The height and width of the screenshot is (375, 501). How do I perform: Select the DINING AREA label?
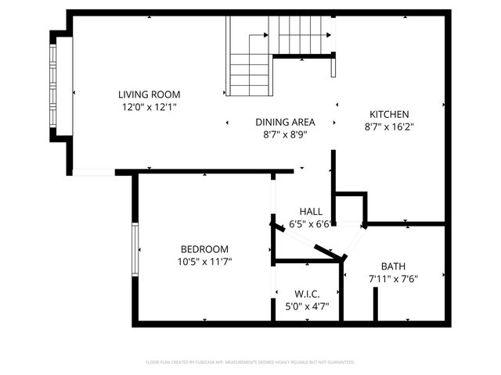pos(285,122)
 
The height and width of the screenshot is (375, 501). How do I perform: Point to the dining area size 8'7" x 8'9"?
pos(285,134)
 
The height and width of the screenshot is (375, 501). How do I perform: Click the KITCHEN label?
pos(389,114)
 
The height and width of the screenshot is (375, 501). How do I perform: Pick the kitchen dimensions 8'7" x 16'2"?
pos(389,127)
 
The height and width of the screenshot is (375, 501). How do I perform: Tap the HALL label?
pos(311,212)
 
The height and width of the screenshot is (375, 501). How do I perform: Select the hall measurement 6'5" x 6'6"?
pos(311,223)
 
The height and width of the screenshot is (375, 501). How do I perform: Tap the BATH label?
pos(394,266)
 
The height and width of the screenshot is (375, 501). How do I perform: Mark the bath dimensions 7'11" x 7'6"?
pos(394,279)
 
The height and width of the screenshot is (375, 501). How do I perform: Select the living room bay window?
pos(54,87)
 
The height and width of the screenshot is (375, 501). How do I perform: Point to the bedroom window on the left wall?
pos(135,249)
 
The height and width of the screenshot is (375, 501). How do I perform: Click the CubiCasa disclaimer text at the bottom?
pos(250,362)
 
